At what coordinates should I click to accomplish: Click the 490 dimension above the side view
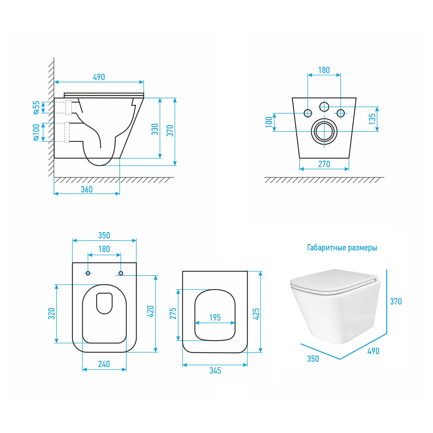pyautogui.click(x=99, y=77)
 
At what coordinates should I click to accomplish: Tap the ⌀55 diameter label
pyautogui.click(x=37, y=108)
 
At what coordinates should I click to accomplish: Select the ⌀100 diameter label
pyautogui.click(x=37, y=132)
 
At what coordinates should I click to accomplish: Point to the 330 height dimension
pyautogui.click(x=155, y=129)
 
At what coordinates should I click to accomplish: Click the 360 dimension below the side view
pyautogui.click(x=87, y=189)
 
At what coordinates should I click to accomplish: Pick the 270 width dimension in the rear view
pyautogui.click(x=324, y=164)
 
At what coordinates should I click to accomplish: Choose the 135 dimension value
pyautogui.click(x=372, y=119)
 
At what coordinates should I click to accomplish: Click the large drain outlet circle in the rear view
pyautogui.click(x=324, y=131)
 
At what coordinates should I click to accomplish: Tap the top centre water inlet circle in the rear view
pyautogui.click(x=324, y=107)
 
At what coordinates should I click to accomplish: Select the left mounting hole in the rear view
pyautogui.click(x=308, y=113)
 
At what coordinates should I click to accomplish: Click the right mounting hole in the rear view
pyautogui.click(x=341, y=113)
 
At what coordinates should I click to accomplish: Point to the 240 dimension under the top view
pyautogui.click(x=104, y=364)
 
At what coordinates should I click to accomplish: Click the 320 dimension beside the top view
pyautogui.click(x=52, y=314)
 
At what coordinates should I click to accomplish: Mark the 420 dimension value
pyautogui.click(x=151, y=312)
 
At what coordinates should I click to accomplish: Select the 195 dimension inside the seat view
pyautogui.click(x=215, y=317)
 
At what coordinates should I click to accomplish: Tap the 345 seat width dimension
pyautogui.click(x=215, y=370)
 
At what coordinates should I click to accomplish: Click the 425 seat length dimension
pyautogui.click(x=256, y=314)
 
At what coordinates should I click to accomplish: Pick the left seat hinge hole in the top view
pyautogui.click(x=88, y=273)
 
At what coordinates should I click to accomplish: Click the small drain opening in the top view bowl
pyautogui.click(x=104, y=303)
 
